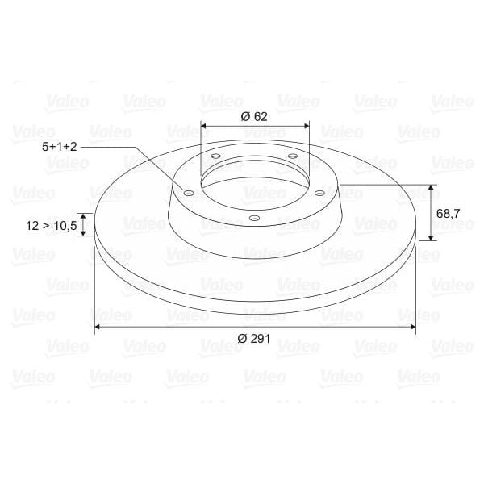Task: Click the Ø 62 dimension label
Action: click(x=254, y=115)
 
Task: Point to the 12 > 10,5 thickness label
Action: click(x=51, y=226)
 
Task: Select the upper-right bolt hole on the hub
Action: click(x=292, y=156)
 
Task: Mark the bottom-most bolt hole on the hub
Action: click(x=253, y=218)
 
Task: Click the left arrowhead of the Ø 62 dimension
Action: click(x=203, y=126)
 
